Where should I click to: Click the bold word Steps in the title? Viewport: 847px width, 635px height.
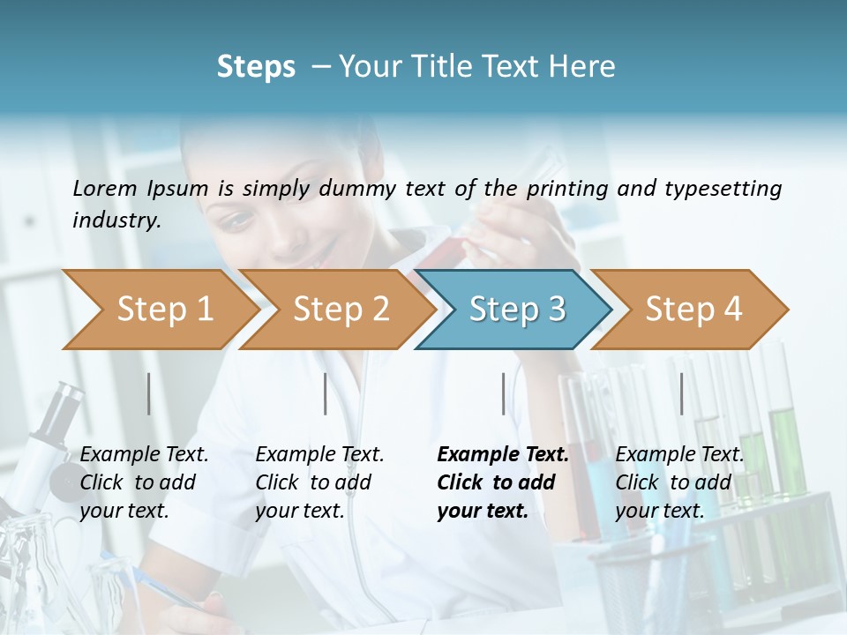[x=256, y=67]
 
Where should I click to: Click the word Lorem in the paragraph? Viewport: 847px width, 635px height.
[x=105, y=188]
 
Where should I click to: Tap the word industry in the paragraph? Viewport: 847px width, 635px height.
[x=116, y=220]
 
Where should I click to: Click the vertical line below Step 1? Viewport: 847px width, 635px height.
[x=149, y=393]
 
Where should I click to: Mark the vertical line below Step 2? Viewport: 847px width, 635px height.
[x=326, y=393]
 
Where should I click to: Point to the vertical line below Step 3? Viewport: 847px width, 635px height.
[x=504, y=393]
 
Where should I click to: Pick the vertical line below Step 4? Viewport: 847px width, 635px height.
[x=681, y=393]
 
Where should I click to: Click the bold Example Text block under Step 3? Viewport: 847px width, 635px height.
[x=503, y=482]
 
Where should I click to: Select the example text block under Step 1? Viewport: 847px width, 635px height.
[x=144, y=482]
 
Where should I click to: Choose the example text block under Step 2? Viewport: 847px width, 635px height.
[x=319, y=482]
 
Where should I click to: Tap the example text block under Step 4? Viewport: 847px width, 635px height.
[x=679, y=482]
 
